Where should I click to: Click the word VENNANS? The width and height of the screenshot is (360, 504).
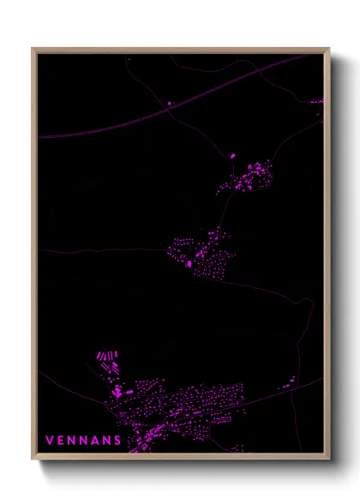82,441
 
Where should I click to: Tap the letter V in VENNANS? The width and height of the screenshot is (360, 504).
49,441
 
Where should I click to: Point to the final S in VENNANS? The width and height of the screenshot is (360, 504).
117,441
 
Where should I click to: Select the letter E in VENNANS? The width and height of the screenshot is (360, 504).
60,441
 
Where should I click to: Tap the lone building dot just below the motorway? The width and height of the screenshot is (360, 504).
169,104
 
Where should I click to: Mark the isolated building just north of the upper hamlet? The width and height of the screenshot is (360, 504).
232,156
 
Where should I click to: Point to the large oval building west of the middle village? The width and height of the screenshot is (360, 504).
189,264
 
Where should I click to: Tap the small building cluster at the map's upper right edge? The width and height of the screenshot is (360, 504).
317,102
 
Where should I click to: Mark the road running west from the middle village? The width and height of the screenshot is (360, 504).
103,250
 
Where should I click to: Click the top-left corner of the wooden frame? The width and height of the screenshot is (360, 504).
33,49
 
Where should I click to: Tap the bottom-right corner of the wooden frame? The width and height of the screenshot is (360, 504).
328,459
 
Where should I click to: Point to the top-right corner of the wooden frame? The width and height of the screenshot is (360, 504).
328,49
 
